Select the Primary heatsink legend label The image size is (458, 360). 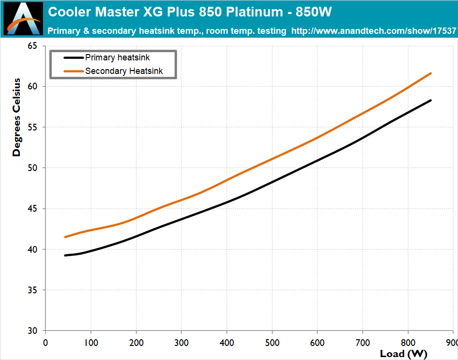tap(118, 58)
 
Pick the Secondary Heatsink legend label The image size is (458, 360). tap(124, 71)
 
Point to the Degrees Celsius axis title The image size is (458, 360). tap(17, 117)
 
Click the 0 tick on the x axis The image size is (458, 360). tap(45, 342)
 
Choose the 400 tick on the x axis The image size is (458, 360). tap(227, 342)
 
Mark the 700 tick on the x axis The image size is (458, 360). tap(363, 342)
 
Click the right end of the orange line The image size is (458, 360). tap(430, 73)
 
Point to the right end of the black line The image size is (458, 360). tap(430, 101)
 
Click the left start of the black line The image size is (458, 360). tap(65, 255)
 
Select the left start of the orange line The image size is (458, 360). tap(65, 237)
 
